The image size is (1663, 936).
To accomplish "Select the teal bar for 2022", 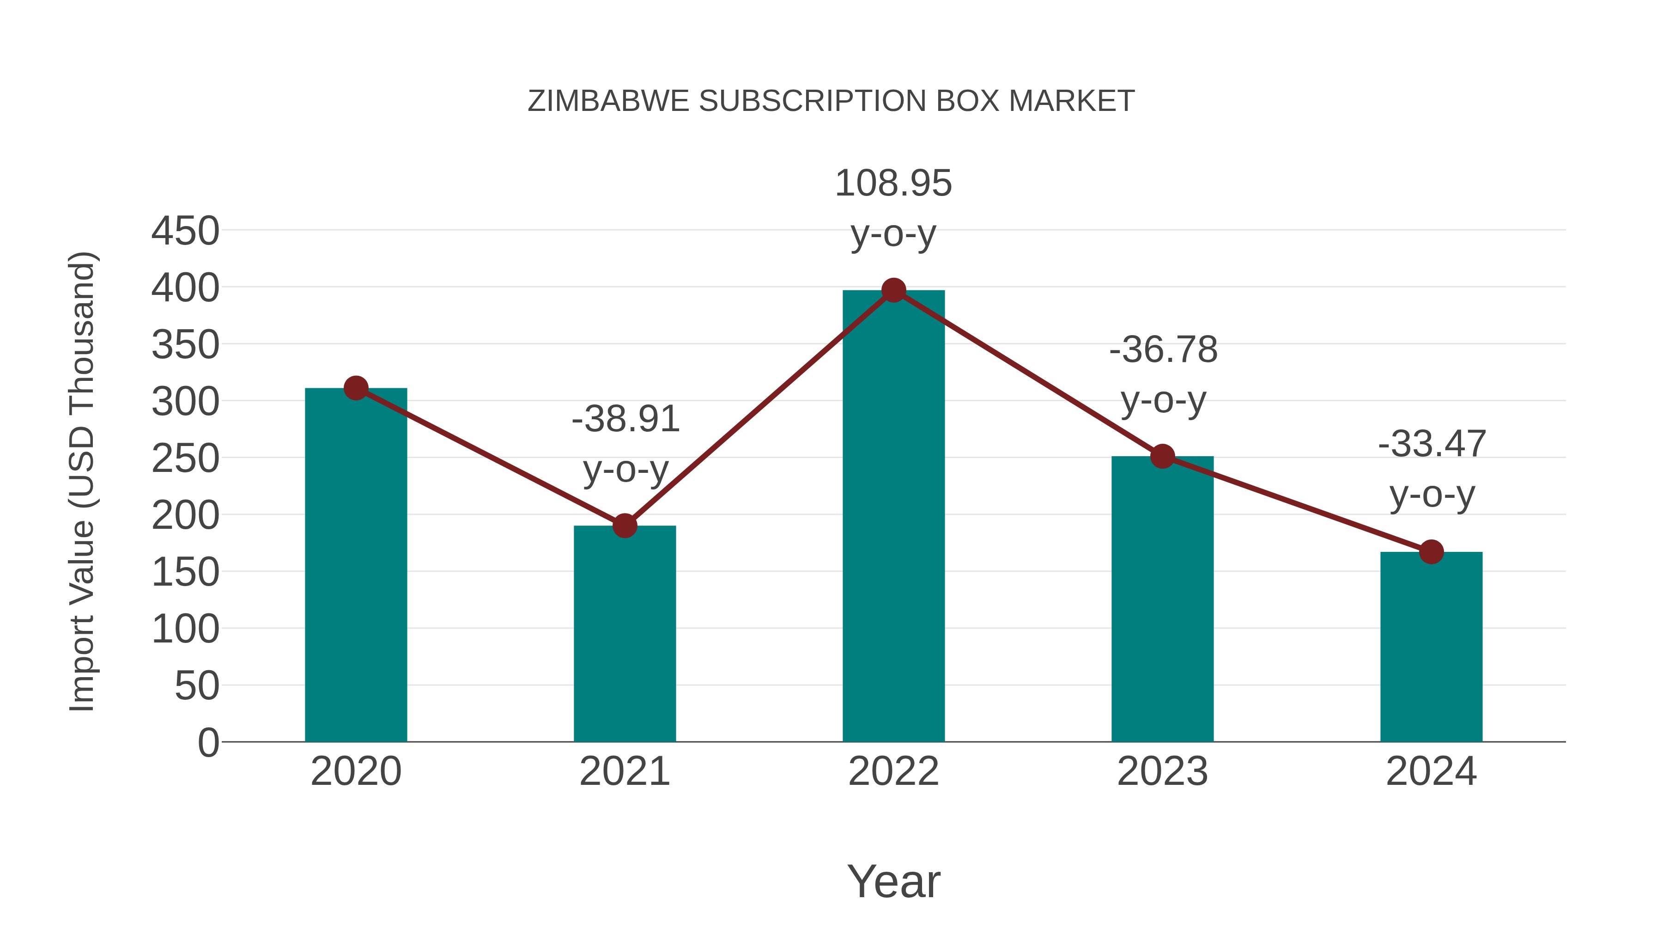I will (x=893, y=517).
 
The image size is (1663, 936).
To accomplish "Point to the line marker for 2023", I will (x=1163, y=457).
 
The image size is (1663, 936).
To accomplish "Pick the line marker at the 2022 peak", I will (x=893, y=291).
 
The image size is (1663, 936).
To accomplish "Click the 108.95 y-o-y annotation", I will (x=893, y=184).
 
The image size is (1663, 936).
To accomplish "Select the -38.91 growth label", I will (x=625, y=419).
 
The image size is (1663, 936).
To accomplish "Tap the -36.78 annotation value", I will (x=1163, y=350).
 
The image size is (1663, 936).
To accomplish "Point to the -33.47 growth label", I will (x=1432, y=444).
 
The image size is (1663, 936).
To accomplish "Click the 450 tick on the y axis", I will (x=185, y=231).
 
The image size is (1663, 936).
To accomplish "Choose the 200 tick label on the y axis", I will (x=185, y=516).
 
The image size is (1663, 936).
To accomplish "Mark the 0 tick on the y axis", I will (x=208, y=743).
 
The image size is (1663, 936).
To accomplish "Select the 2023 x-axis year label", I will (x=1163, y=771).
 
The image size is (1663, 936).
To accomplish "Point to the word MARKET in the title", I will (x=1071, y=101).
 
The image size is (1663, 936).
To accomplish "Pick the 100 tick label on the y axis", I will (x=185, y=630).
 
